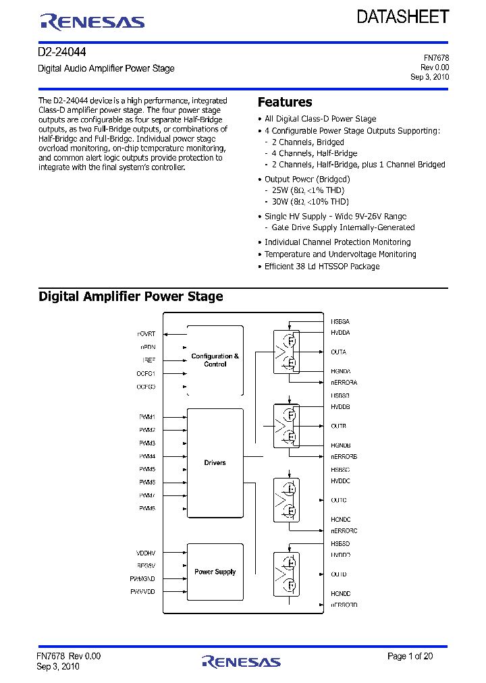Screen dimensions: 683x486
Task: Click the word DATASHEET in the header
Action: pos(403,17)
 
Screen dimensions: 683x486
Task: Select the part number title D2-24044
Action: pos(62,52)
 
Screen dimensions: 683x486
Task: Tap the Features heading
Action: pos(285,102)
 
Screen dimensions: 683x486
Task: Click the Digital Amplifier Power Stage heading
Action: pos(131,296)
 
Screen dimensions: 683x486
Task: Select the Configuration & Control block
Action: pos(215,360)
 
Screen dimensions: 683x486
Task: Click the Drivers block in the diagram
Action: pos(215,463)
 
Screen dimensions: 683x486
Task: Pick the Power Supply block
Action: pos(215,572)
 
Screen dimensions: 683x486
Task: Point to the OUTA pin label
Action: pos(339,352)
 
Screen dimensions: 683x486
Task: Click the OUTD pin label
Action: pos(339,574)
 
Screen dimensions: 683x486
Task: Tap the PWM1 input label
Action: pos(147,417)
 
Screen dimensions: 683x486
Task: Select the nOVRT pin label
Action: pos(146,334)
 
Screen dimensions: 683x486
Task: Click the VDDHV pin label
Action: pos(145,552)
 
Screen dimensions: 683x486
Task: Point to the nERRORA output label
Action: pos(344,383)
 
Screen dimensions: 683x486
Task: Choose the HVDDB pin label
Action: pos(340,407)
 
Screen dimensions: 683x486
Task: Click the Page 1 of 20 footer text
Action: pos(410,656)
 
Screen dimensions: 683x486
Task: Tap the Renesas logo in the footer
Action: pos(240,661)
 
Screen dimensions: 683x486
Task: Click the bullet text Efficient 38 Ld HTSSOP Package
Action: pos(322,267)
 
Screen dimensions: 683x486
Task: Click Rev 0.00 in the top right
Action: pos(435,67)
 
